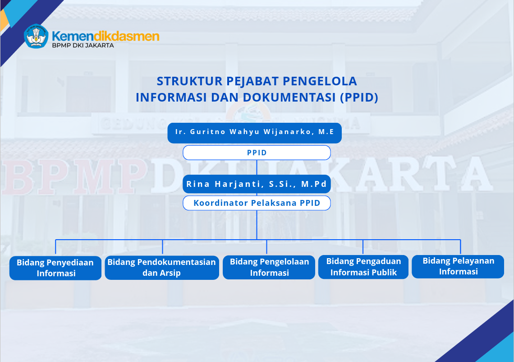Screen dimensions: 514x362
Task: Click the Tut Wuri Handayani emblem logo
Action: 36,36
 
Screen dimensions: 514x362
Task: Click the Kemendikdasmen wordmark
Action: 106,36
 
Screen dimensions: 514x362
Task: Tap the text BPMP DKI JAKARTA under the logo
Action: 83,46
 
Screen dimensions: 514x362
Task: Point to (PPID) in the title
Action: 359,97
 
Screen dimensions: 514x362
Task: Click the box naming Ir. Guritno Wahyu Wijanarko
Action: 254,133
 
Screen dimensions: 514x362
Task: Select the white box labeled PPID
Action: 257,153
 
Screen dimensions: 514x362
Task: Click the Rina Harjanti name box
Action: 257,184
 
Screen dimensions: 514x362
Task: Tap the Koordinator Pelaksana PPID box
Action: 257,203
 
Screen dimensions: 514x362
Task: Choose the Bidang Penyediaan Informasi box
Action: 55,268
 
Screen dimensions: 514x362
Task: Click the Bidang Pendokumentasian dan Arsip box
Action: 162,268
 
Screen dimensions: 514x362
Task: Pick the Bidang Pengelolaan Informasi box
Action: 269,268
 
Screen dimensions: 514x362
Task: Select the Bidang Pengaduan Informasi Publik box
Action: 363,267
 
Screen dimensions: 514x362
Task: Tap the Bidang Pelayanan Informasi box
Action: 458,266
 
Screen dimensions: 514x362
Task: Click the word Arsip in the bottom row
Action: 171,273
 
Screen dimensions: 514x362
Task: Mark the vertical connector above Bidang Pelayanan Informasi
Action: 460,247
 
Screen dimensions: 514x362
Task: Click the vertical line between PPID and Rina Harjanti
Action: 257,167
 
